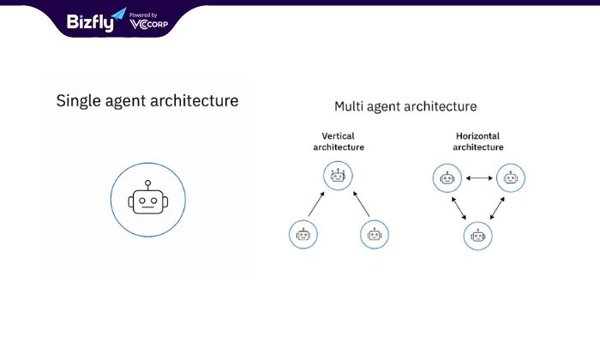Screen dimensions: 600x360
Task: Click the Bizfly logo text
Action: point(90,22)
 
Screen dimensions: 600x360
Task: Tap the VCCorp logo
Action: point(149,25)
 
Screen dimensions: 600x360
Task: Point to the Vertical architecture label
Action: point(339,141)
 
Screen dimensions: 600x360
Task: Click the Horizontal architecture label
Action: point(478,141)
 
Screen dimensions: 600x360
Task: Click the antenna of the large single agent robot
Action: point(148,185)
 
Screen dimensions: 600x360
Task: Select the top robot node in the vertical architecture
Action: point(338,176)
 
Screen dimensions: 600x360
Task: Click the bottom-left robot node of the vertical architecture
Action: point(303,234)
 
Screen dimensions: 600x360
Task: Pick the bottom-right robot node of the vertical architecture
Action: point(375,234)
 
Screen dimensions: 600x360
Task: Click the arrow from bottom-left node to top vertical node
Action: point(316,204)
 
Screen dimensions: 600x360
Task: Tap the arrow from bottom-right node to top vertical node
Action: point(361,204)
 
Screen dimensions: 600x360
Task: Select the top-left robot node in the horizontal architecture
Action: point(447,178)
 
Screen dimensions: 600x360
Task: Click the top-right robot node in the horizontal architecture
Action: point(511,178)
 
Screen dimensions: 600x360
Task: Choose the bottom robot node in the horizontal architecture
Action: point(478,236)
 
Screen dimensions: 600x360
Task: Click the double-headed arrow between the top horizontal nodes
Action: point(479,178)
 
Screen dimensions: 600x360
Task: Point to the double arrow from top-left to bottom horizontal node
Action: point(459,208)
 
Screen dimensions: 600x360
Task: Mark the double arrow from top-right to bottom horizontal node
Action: point(497,208)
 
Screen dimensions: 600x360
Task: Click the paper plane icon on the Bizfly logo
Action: point(118,15)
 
